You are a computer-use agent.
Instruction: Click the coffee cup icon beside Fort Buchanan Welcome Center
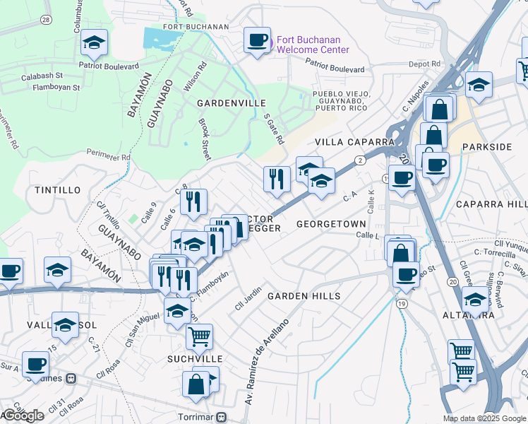(257, 39)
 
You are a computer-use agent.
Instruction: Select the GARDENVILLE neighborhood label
(227, 103)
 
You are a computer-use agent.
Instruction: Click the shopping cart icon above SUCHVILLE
(200, 336)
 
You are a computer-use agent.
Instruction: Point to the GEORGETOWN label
(332, 223)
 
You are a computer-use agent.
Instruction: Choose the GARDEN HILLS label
(304, 296)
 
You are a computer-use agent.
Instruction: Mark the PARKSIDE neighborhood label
(486, 146)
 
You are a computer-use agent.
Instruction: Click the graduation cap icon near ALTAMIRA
(475, 299)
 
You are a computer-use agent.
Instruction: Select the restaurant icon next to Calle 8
(193, 201)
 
